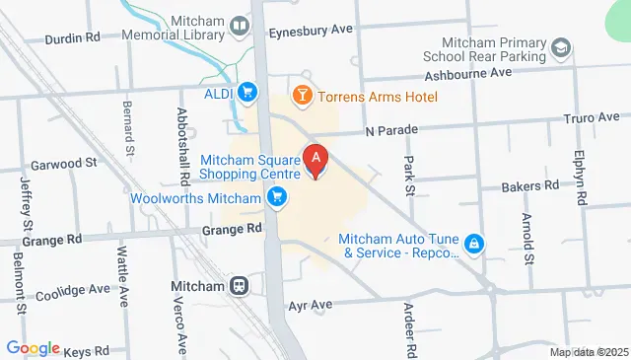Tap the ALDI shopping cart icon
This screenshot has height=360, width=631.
pyautogui.click(x=248, y=94)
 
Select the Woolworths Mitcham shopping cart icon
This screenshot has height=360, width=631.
pyautogui.click(x=278, y=198)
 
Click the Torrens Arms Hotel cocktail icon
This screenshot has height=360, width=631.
pyautogui.click(x=302, y=96)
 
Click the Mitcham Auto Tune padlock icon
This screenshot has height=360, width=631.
pyautogui.click(x=474, y=243)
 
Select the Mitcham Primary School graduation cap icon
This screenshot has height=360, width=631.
pyautogui.click(x=560, y=47)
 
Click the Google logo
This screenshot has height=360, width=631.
pyautogui.click(x=34, y=348)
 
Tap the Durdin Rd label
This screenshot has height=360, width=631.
pyautogui.click(x=73, y=38)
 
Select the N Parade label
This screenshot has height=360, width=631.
pyautogui.click(x=392, y=129)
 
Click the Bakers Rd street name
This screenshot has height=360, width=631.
pyautogui.click(x=529, y=184)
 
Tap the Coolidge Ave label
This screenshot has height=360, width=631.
pyautogui.click(x=73, y=292)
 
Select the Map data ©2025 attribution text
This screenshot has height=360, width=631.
pyautogui.click(x=589, y=352)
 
